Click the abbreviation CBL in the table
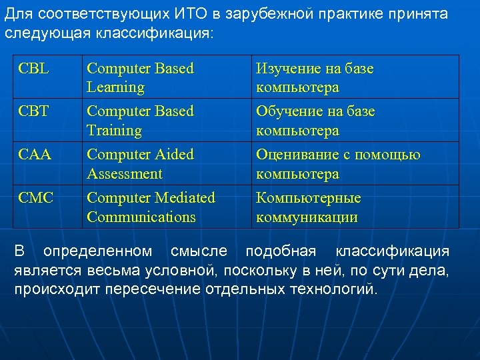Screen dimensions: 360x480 tap(35, 69)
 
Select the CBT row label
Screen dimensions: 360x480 tap(35, 111)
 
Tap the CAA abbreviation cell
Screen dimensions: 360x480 tap(35, 155)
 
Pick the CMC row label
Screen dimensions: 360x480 tap(37, 198)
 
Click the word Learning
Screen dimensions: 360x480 tap(115, 87)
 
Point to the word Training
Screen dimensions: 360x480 tap(114, 131)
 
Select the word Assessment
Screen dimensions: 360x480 tap(125, 174)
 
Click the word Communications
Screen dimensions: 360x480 tap(141, 217)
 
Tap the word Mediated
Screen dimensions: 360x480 tap(185, 198)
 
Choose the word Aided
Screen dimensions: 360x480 tap(174, 155)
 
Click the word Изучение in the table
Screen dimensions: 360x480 tap(289, 69)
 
